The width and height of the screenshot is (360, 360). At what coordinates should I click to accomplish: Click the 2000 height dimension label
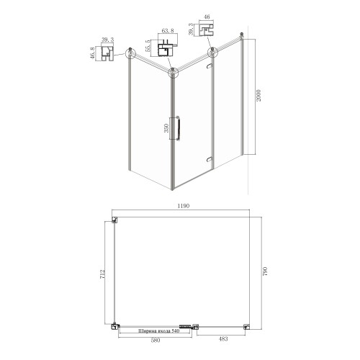pyautogui.click(x=258, y=96)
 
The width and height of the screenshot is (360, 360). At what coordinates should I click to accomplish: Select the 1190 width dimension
pyautogui.click(x=184, y=206)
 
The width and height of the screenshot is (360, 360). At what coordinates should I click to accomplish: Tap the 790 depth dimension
pyautogui.click(x=265, y=271)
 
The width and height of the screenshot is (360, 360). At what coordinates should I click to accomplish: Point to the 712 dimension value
pyautogui.click(x=102, y=274)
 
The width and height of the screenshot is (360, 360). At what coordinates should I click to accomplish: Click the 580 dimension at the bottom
pyautogui.click(x=156, y=341)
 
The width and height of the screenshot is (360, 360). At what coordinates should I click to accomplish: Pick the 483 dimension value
pyautogui.click(x=223, y=339)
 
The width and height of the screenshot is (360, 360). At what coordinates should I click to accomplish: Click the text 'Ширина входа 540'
pyautogui.click(x=159, y=331)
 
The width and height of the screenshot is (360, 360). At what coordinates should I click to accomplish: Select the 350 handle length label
pyautogui.click(x=166, y=128)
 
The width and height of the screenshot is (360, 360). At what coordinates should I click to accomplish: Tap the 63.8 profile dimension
pyautogui.click(x=168, y=31)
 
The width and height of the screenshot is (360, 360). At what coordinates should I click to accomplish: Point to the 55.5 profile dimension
pyautogui.click(x=148, y=46)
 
